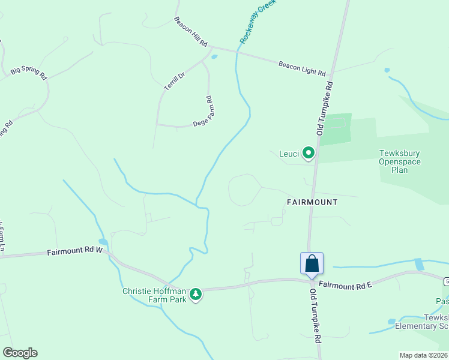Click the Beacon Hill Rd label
(191, 32)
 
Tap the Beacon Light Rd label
(301, 68)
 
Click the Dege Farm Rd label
(204, 112)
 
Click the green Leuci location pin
(309, 153)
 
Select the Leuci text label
(289, 154)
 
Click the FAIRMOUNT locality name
(312, 202)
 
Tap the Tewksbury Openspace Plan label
(399, 161)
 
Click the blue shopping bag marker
(312, 263)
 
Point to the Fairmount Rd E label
(346, 286)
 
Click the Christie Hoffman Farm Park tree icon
(195, 294)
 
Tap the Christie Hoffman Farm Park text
(155, 295)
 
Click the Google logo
(20, 353)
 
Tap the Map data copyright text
(423, 355)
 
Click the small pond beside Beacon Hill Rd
(214, 58)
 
